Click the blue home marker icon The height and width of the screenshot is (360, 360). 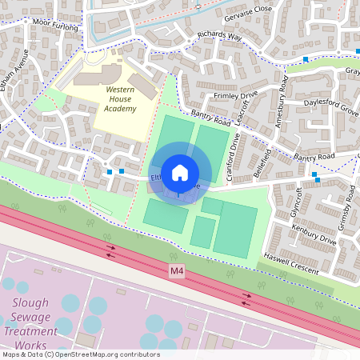[x=180, y=172]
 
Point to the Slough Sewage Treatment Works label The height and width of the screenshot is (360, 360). [x=30, y=322]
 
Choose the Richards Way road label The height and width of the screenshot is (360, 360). [x=219, y=40]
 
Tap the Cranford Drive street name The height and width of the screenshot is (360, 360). [x=232, y=156]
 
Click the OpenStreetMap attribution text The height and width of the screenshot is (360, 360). [x=80, y=354]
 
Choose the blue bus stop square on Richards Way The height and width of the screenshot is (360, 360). [x=306, y=58]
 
